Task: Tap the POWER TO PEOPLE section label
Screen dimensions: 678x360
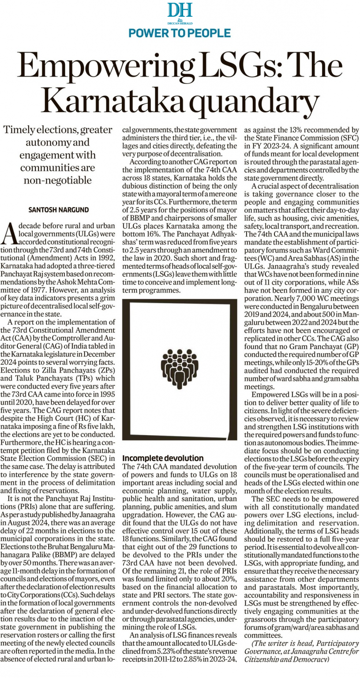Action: click(180, 33)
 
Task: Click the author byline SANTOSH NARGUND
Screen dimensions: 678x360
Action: click(58, 209)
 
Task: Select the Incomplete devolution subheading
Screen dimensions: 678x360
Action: click(163, 458)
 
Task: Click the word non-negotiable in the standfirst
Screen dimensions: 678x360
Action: click(58, 180)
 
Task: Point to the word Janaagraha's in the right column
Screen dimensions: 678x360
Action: click(277, 266)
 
